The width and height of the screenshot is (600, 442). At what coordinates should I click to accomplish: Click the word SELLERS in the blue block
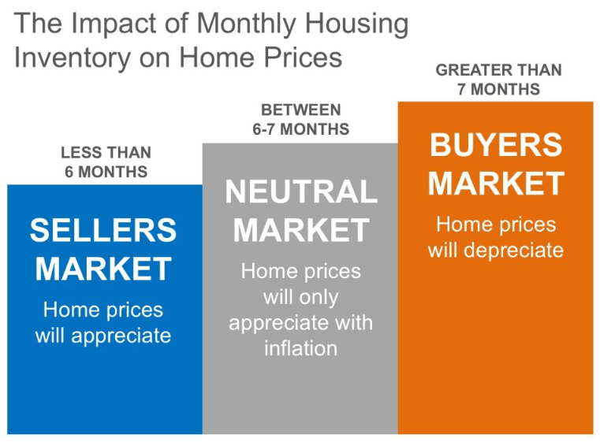[103, 230]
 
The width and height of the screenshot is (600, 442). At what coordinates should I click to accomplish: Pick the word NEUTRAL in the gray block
[301, 191]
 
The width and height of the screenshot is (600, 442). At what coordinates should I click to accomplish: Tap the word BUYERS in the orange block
[496, 144]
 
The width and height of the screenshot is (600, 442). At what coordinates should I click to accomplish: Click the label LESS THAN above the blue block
[106, 153]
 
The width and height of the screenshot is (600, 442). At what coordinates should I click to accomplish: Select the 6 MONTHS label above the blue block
[106, 172]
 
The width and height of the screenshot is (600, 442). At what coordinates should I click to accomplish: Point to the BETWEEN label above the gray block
[300, 110]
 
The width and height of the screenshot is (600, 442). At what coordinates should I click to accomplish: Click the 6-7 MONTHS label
[300, 129]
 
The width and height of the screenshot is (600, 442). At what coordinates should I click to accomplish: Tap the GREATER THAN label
[498, 70]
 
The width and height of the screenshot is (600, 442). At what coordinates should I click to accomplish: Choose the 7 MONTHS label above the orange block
[498, 89]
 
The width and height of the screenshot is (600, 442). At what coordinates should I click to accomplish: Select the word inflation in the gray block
[300, 348]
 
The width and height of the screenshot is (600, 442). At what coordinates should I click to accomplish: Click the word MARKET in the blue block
[103, 269]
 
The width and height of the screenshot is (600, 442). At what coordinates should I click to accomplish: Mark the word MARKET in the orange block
[496, 184]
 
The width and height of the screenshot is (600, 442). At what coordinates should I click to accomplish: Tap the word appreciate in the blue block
[121, 336]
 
